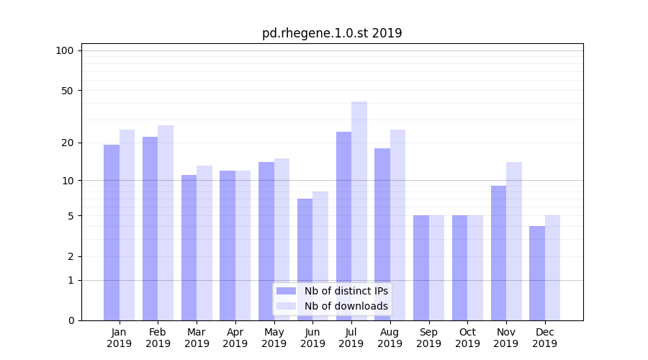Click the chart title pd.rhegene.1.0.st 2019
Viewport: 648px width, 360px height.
[332, 33]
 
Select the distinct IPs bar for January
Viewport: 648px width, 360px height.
[112, 233]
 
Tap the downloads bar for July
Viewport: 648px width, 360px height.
[359, 211]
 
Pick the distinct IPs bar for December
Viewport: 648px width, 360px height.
[537, 273]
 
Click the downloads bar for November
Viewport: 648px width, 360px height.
[514, 241]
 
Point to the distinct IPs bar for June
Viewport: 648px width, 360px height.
[305, 259]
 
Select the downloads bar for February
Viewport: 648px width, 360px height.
[166, 222]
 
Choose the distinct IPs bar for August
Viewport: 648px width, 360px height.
[382, 234]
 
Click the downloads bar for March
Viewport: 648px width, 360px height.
[204, 243]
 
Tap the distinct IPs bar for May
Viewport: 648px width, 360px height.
[266, 241]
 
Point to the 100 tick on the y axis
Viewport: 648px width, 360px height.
[65, 50]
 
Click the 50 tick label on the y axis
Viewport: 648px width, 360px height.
[68, 91]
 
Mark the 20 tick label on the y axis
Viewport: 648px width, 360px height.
[68, 143]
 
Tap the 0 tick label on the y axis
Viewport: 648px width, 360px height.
[71, 320]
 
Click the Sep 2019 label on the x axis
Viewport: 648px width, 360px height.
[428, 338]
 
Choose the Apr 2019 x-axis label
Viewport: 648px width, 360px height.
[235, 338]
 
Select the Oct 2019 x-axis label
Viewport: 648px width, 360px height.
[467, 338]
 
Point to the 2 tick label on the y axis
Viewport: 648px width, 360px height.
[71, 256]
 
